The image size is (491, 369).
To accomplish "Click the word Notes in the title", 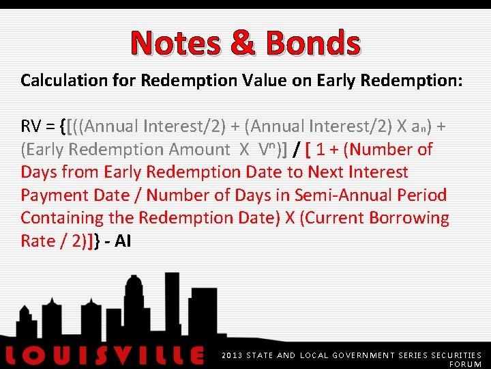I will coord(176,43).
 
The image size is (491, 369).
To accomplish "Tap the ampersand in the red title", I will coord(243,43).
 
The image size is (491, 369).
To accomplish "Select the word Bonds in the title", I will coord(313,43).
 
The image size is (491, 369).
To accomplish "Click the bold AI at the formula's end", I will coord(123,241).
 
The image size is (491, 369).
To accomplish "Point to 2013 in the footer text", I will coord(233,355).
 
